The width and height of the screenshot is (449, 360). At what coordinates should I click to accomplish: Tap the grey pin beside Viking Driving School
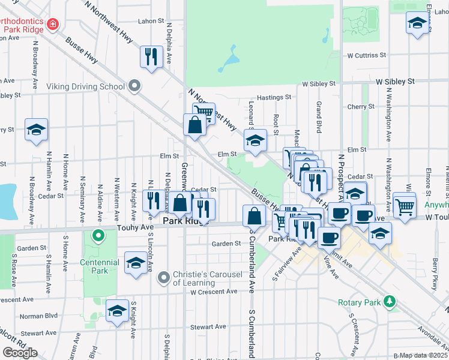point(134,86)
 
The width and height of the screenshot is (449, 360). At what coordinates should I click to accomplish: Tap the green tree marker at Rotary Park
point(390,301)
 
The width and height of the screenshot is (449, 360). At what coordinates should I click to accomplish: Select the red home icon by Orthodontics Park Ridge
point(53,24)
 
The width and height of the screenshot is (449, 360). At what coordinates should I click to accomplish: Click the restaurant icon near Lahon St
point(151,57)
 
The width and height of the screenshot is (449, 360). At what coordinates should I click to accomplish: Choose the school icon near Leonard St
point(255,142)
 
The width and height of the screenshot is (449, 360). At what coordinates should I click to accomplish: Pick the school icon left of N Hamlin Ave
point(36,129)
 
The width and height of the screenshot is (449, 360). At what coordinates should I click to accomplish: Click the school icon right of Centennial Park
point(136,263)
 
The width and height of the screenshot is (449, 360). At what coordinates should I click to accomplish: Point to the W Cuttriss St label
point(366,55)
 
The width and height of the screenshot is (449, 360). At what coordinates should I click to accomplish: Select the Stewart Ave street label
point(208,326)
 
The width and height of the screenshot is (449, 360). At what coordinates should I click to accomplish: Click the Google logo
point(20,353)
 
